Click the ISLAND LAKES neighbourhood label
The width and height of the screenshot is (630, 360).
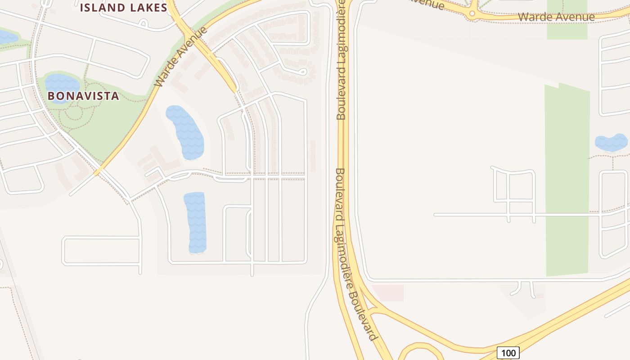(x=123, y=7)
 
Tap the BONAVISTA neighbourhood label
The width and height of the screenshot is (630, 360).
(x=83, y=96)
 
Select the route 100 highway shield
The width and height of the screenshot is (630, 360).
(x=508, y=353)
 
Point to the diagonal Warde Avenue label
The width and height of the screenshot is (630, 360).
(x=181, y=57)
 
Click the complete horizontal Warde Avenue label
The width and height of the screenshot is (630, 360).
(x=556, y=17)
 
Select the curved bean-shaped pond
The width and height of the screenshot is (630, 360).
(x=185, y=132)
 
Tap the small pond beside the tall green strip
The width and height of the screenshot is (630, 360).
(x=611, y=143)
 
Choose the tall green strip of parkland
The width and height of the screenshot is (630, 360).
(x=567, y=180)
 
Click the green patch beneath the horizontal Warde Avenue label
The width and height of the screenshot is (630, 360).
(x=567, y=30)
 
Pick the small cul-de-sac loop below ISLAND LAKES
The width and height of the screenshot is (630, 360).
(x=144, y=23)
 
